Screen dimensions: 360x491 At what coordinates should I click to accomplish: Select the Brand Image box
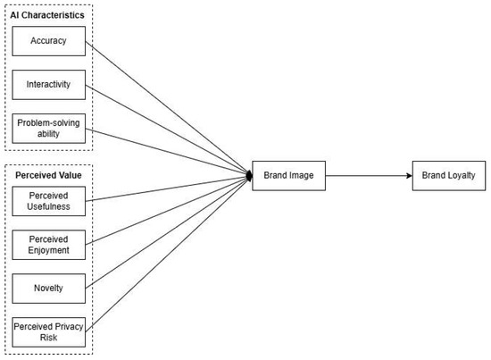[288, 176]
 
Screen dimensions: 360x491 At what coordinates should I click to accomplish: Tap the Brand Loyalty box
[449, 176]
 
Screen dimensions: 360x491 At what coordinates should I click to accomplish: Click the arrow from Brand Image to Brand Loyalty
[366, 176]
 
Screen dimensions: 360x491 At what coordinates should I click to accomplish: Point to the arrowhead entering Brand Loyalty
[407, 176]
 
